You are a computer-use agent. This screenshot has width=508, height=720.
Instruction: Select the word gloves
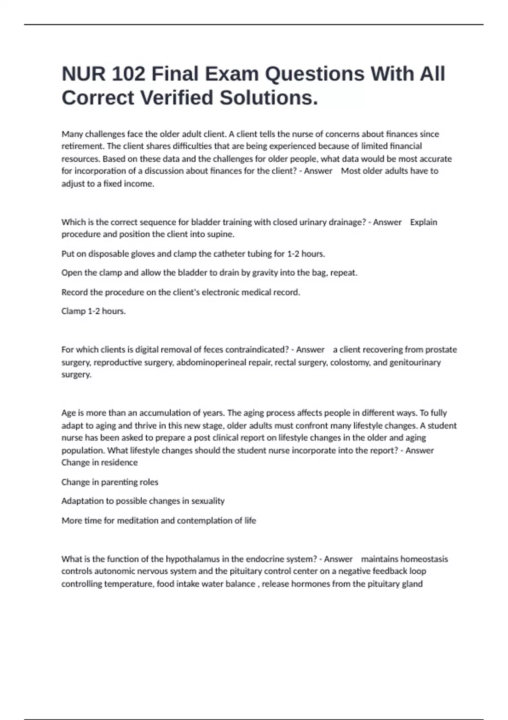point(143,254)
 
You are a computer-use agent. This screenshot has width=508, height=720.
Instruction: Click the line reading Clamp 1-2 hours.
point(94,311)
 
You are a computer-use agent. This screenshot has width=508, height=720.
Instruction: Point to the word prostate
point(441,350)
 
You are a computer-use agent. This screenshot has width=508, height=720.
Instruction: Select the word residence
point(119,462)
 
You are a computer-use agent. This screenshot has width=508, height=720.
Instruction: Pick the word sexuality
point(208,501)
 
